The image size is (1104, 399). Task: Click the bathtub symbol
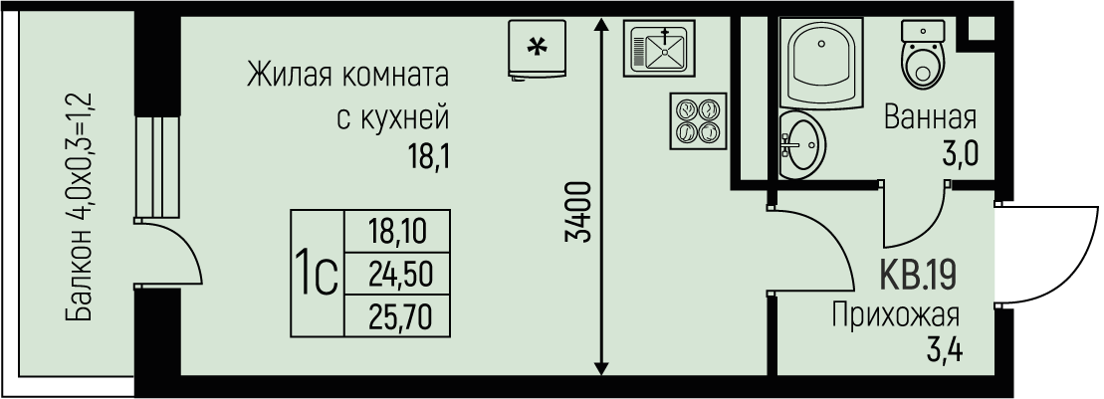point(823,64)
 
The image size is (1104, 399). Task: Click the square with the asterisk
point(536,47)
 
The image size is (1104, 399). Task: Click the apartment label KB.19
point(918,273)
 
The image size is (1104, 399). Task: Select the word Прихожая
point(895,315)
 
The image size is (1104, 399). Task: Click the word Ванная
point(931,119)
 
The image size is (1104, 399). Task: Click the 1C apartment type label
point(316,272)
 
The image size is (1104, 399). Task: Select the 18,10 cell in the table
point(395,232)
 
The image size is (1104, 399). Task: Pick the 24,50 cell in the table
point(395,272)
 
